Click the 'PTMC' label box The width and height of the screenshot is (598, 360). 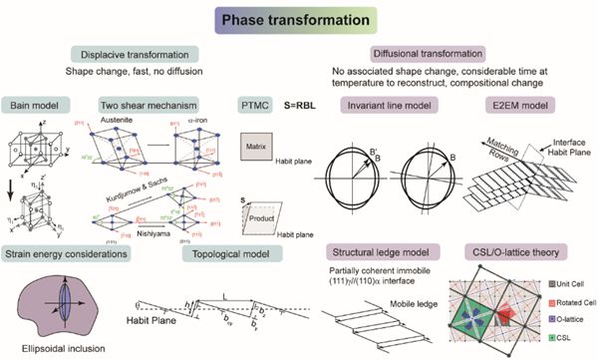pyautogui.click(x=253, y=104)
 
